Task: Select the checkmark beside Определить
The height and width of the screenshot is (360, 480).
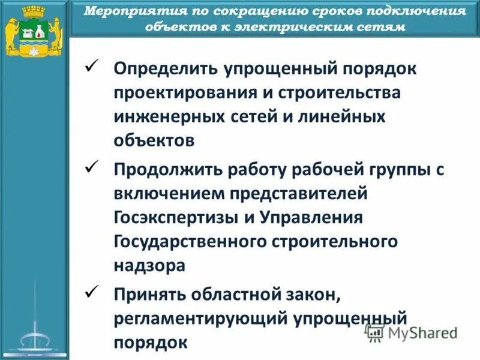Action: (x=92, y=65)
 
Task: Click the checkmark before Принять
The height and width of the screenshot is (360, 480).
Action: (x=92, y=292)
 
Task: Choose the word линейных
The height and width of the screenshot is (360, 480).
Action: (x=336, y=117)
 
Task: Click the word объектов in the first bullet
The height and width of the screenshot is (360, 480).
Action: (x=154, y=140)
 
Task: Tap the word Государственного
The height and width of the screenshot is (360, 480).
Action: (x=191, y=241)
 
